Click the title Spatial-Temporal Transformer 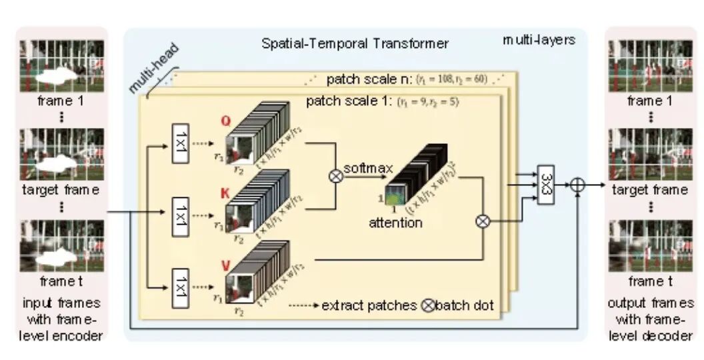pyautogui.click(x=354, y=44)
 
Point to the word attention pyautogui.click(x=395, y=223)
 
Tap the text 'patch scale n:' pyautogui.click(x=369, y=79)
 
